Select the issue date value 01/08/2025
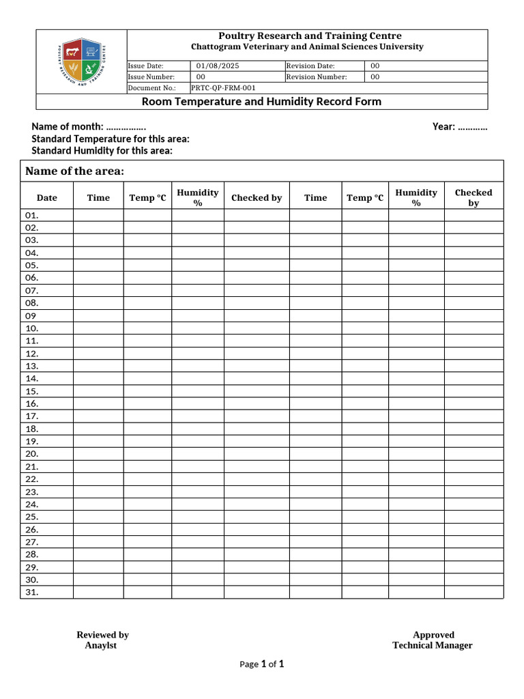(x=218, y=66)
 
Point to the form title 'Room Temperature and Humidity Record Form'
(x=261, y=102)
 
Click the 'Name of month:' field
(x=89, y=127)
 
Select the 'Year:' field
(x=460, y=127)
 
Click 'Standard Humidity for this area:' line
(x=102, y=151)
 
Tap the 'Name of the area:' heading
(x=74, y=171)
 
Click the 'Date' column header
(x=47, y=198)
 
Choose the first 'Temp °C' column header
(x=147, y=198)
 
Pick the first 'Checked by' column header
(x=257, y=198)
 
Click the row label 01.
(x=32, y=215)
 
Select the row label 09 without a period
(x=31, y=316)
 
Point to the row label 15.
(x=32, y=391)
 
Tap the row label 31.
(x=32, y=593)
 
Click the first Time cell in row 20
(x=98, y=454)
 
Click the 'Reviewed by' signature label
(x=102, y=635)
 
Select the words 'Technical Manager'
(x=432, y=646)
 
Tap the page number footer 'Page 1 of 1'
(x=261, y=664)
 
